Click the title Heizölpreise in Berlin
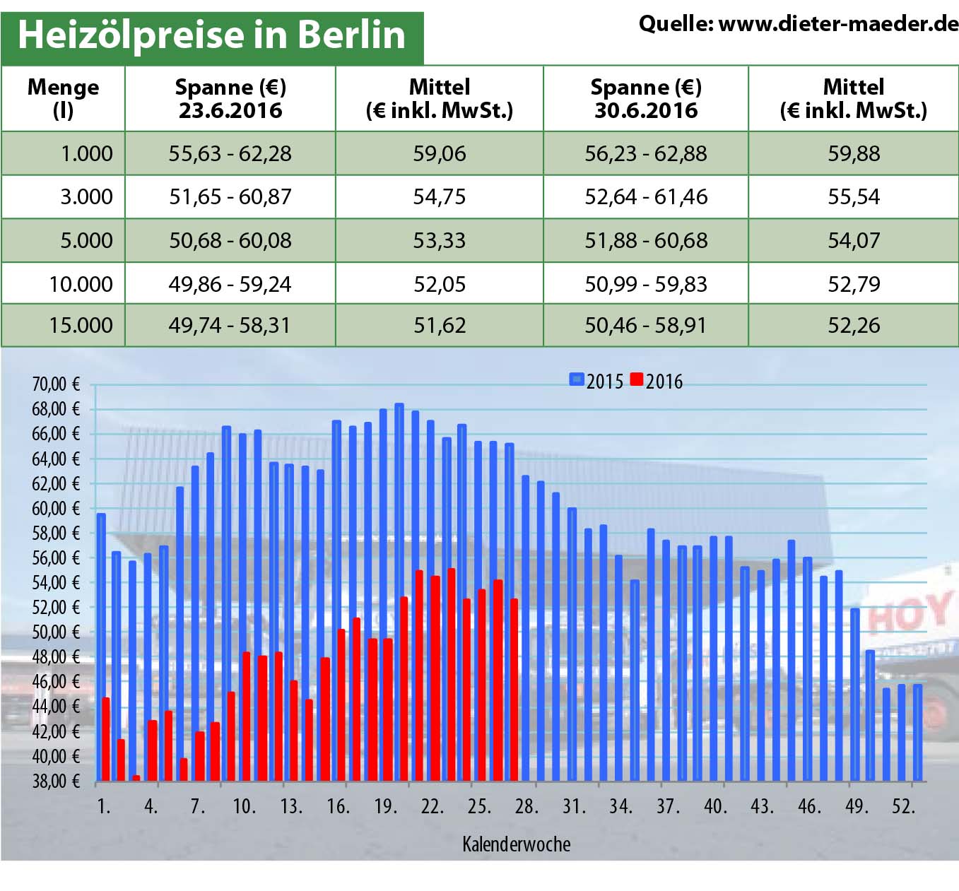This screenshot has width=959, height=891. (x=211, y=35)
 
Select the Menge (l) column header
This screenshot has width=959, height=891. (x=63, y=98)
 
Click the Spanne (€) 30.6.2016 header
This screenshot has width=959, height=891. (x=645, y=98)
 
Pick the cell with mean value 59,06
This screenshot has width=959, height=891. (x=439, y=153)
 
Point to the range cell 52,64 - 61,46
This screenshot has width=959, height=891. (x=645, y=196)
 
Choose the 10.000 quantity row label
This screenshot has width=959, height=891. (x=81, y=284)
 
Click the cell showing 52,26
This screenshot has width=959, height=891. (x=854, y=325)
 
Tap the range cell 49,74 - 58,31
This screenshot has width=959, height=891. (x=230, y=325)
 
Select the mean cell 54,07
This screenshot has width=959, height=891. (x=854, y=240)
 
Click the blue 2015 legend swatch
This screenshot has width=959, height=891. (x=577, y=380)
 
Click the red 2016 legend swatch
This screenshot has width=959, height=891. (x=636, y=380)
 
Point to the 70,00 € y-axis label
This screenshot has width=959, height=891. (x=56, y=384)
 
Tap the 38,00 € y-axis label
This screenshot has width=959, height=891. (x=56, y=781)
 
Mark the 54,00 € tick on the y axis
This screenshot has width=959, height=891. (x=56, y=583)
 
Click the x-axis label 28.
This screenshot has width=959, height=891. (x=526, y=806)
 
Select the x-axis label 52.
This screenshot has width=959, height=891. (x=903, y=806)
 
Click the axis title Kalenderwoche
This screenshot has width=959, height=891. (x=516, y=844)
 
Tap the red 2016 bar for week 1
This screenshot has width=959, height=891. (x=106, y=739)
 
